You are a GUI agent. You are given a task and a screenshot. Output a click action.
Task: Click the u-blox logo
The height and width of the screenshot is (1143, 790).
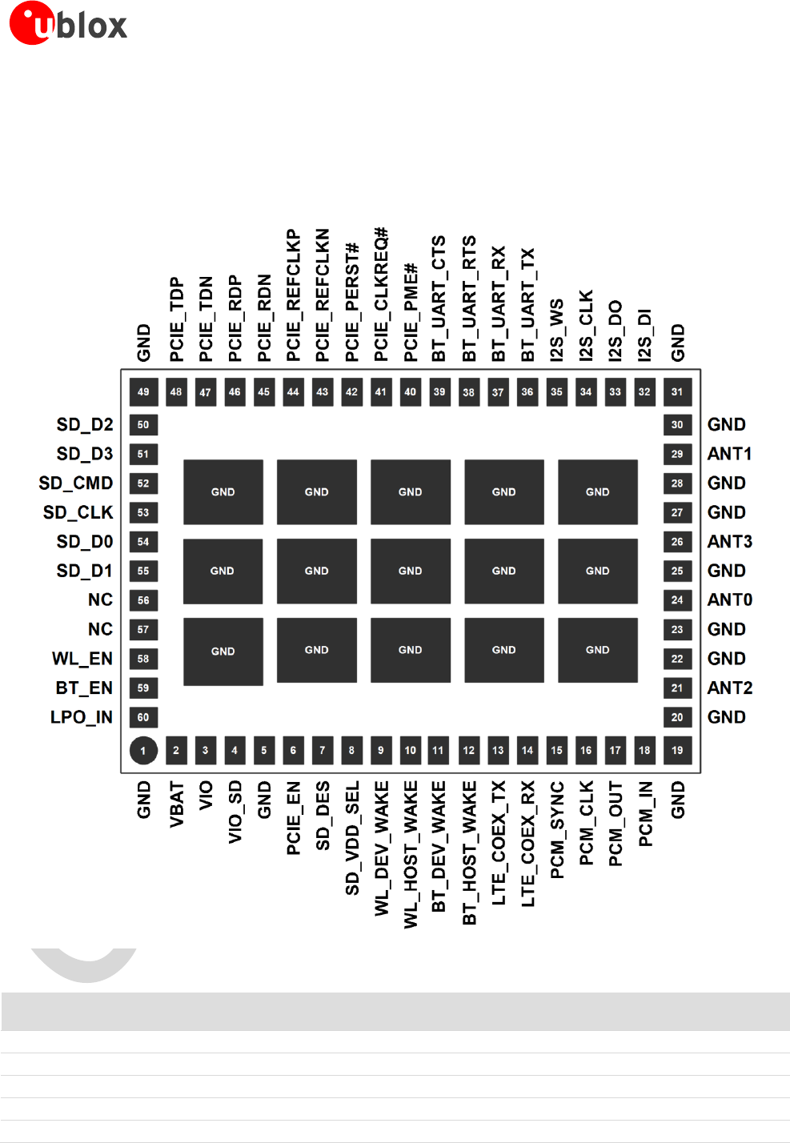coord(68,23)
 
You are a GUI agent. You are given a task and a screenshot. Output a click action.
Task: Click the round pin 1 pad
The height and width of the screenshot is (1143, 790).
coord(143,751)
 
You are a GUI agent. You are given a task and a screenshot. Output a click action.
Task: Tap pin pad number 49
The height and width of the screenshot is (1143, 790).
coord(143,392)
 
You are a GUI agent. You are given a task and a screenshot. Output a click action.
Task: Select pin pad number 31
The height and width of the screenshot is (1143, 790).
coord(677,392)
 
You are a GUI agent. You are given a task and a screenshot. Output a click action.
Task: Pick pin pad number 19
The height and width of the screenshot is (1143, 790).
coord(677,751)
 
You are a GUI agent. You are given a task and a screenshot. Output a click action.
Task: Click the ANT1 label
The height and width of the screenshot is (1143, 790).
coord(729,454)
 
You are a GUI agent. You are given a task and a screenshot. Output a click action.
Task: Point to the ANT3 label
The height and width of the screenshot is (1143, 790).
coord(729,542)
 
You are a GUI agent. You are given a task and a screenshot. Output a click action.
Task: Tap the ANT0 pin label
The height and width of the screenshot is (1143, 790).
coord(729,600)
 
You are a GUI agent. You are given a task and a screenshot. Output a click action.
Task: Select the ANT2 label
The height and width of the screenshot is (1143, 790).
coord(729,688)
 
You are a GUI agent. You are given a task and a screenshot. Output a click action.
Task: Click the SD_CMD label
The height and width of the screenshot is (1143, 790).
coord(76,483)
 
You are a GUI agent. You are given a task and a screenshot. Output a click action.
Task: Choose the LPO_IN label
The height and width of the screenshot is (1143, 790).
coord(82,717)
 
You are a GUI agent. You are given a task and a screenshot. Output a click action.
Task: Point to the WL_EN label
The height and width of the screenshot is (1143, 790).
coord(82,659)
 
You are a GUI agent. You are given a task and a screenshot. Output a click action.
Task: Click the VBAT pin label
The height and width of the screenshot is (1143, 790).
coord(176,804)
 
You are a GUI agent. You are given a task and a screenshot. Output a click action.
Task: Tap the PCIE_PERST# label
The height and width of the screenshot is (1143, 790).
coord(352,303)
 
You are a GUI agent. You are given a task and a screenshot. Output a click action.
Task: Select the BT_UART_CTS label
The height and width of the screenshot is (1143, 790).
coord(439,299)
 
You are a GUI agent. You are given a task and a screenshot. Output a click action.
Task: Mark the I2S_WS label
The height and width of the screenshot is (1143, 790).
coord(557,330)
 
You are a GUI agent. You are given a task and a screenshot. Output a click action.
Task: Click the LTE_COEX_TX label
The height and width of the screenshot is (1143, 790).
coord(499,843)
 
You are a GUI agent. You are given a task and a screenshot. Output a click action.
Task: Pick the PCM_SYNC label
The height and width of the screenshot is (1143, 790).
coord(557,830)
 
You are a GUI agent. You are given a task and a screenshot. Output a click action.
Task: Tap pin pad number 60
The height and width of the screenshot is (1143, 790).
coord(143,717)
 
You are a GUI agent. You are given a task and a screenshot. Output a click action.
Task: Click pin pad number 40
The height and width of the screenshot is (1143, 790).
coord(411,392)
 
